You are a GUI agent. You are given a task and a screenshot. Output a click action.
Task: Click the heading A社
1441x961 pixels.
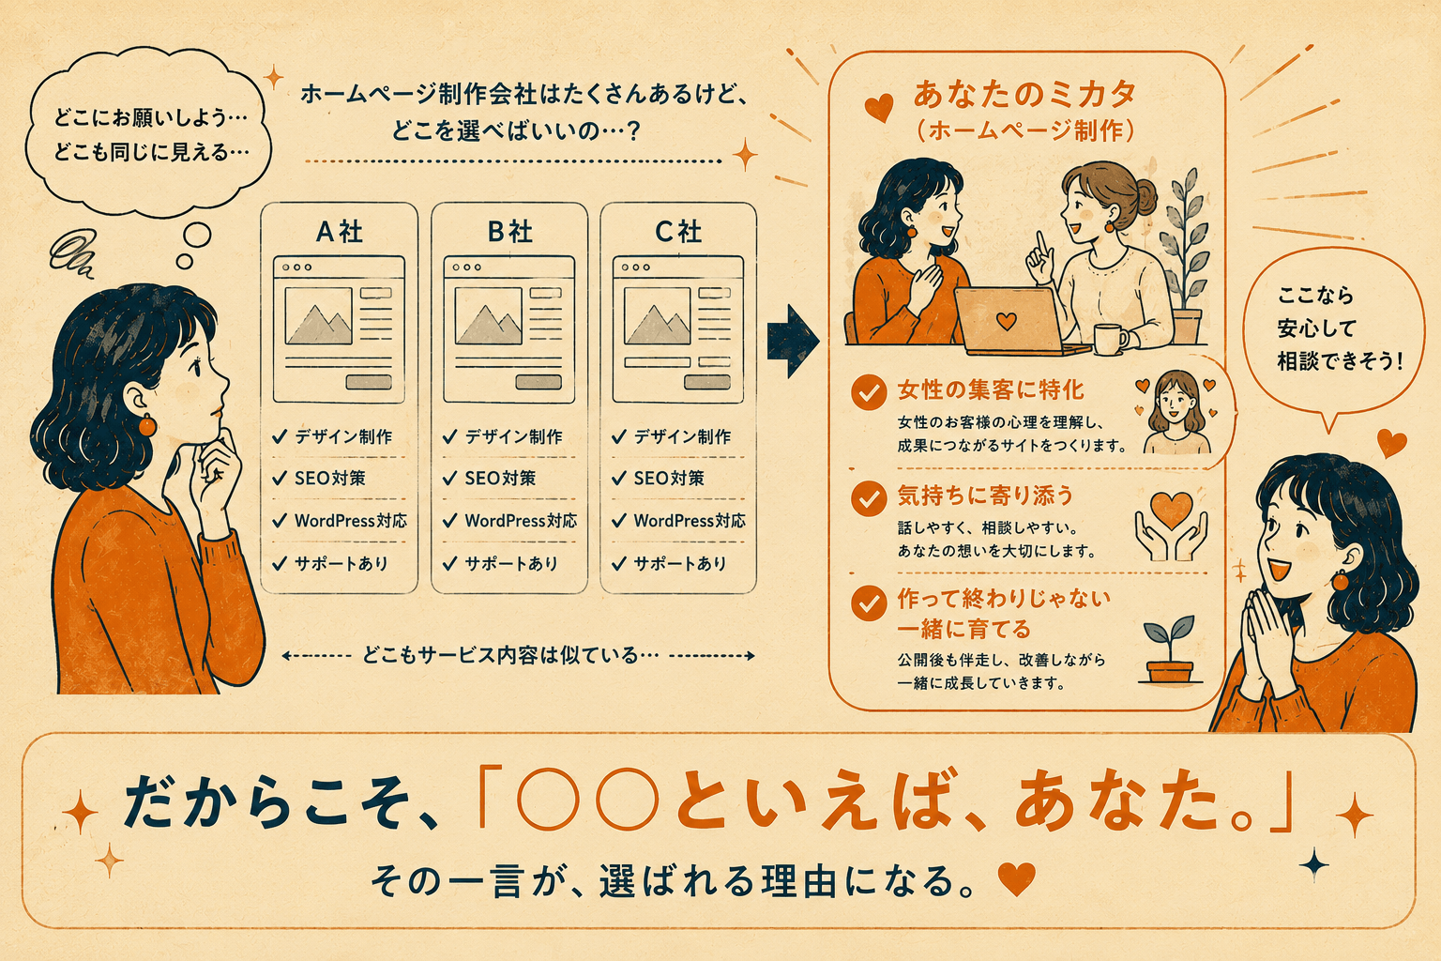pos(340,232)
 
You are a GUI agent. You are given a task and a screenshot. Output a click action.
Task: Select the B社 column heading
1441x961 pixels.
pos(509,232)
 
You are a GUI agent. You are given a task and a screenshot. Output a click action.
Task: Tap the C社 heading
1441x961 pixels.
pos(678,232)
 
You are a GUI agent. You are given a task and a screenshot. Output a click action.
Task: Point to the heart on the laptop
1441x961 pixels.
pos(1006,320)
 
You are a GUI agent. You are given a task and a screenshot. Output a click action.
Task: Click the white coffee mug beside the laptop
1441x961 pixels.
pos(1110,339)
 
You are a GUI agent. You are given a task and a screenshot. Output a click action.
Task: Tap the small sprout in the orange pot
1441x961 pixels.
pos(1170,650)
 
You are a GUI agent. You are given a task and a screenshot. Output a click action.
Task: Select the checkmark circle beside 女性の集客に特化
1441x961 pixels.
pos(869,392)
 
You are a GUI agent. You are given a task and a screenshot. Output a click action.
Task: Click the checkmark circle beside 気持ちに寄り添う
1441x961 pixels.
pos(869,498)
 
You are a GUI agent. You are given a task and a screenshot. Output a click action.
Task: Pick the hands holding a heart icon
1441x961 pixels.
pos(1172,526)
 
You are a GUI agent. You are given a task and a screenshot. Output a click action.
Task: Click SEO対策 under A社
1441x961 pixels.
pos(330,479)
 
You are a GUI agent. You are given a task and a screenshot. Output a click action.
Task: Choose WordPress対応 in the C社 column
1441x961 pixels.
pos(690,520)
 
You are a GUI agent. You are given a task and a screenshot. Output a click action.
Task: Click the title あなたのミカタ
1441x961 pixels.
pos(1024,95)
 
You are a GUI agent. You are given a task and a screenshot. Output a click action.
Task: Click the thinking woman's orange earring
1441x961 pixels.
pos(147,425)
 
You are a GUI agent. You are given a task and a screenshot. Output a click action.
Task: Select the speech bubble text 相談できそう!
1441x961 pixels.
pos(1340,361)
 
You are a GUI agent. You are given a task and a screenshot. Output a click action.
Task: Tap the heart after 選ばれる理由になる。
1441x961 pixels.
pos(1016,878)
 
